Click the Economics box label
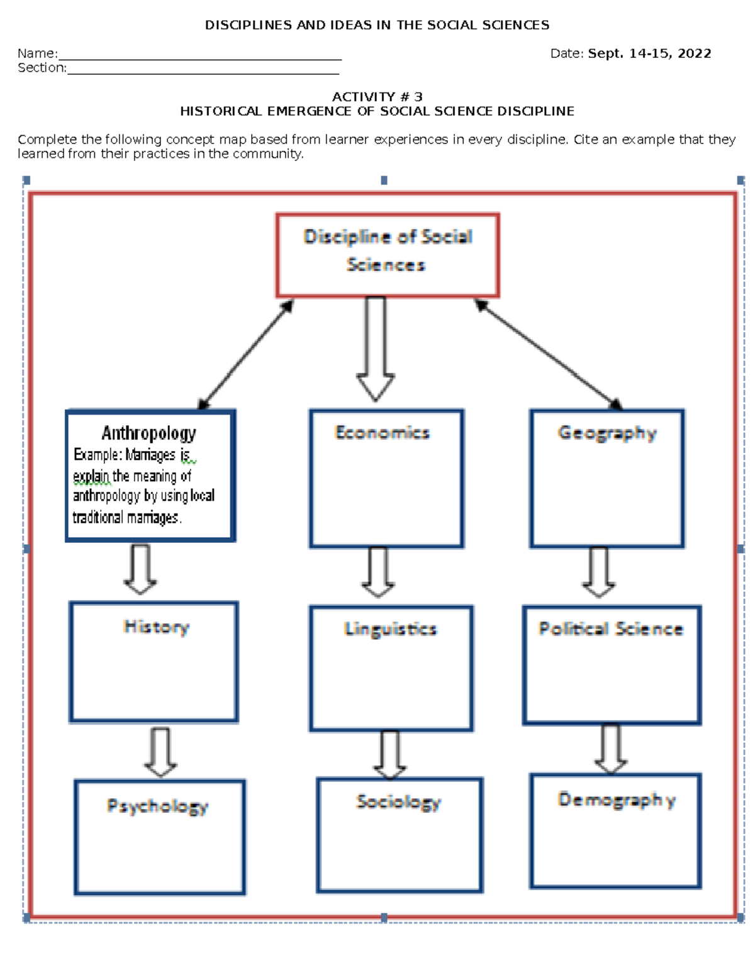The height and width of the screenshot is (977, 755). pos(383,433)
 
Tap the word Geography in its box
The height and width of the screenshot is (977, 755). pos(607,433)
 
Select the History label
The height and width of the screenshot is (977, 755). pos(157,627)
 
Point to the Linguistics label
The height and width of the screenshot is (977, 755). pos(390,629)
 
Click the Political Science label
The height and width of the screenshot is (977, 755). pos(611,628)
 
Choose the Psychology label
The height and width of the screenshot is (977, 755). pos(157,806)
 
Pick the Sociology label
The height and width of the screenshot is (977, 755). pos(398,801)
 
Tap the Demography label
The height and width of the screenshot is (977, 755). pos(617,800)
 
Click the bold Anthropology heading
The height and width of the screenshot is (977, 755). pos(149,433)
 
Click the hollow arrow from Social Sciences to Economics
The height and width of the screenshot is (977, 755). pos(376,349)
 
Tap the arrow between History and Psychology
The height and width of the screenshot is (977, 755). pos(160,752)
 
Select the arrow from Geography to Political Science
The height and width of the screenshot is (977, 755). pos(598,572)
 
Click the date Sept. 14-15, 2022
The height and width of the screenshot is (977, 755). pos(649,53)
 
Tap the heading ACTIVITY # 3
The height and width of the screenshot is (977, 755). pos(377,96)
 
